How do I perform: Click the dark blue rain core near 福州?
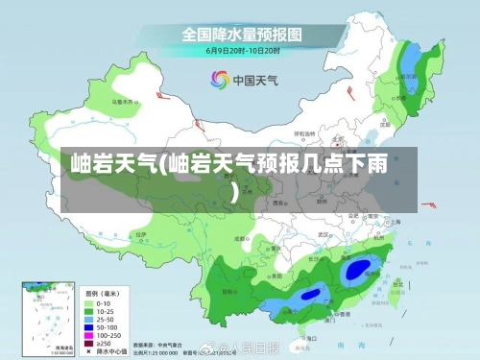point(357,271)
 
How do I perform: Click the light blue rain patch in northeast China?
point(411,65)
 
